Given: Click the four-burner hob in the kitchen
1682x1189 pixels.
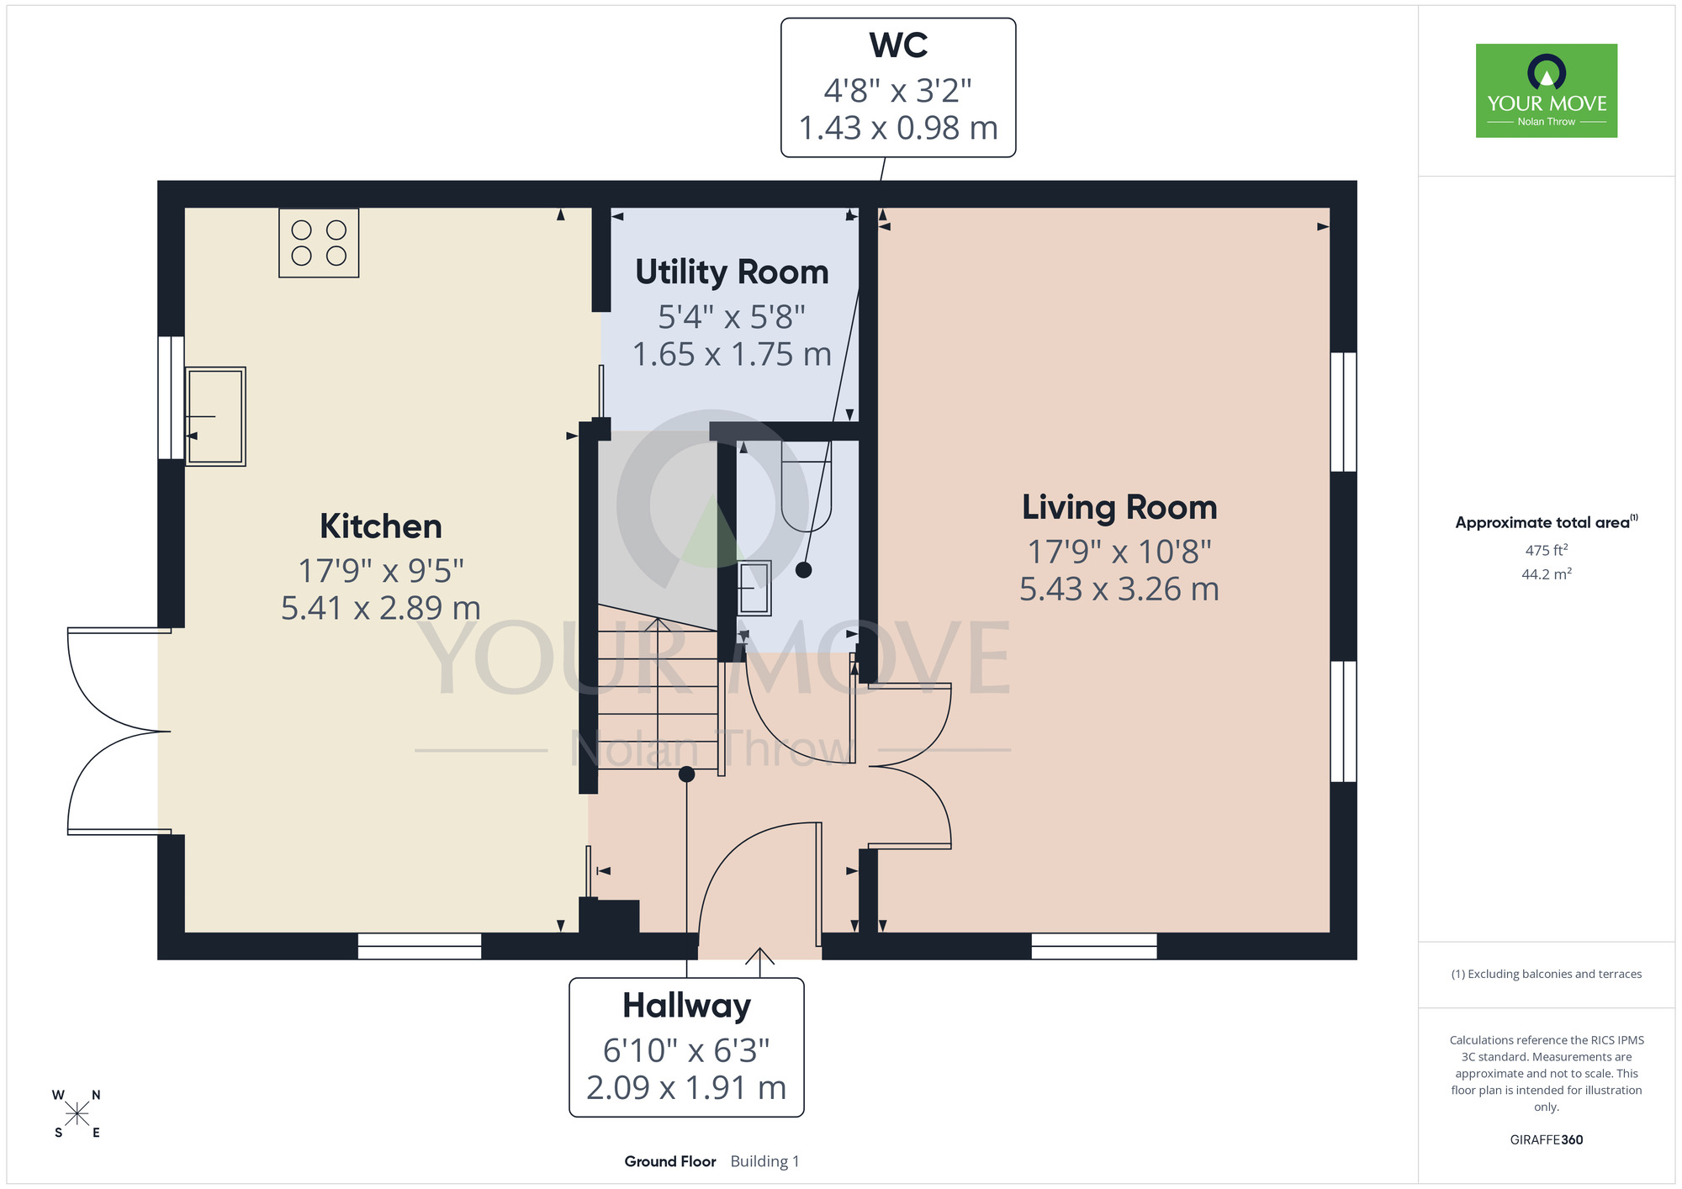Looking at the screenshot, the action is pyautogui.click(x=319, y=243).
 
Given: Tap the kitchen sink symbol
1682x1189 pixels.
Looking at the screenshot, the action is pyautogui.click(x=215, y=416).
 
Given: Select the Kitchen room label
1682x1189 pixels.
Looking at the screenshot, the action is pyautogui.click(x=381, y=526).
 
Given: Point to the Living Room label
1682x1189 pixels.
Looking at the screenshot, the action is pyautogui.click(x=1119, y=508).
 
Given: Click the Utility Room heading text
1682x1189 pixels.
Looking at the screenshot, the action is pyautogui.click(x=732, y=272).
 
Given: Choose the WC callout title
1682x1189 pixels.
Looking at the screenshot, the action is pyautogui.click(x=898, y=45).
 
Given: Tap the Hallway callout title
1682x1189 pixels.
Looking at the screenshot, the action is pyautogui.click(x=686, y=1007).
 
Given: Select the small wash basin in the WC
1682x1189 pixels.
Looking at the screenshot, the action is pyautogui.click(x=754, y=588).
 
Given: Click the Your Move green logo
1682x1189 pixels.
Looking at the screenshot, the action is pyautogui.click(x=1547, y=91).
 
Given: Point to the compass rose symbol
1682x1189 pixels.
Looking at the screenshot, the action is pyautogui.click(x=77, y=1114).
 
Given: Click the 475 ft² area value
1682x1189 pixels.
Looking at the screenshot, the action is pyautogui.click(x=1547, y=550).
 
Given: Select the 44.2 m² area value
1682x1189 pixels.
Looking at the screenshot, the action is pyautogui.click(x=1547, y=574).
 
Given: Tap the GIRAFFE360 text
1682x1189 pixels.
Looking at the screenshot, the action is pyautogui.click(x=1547, y=1140).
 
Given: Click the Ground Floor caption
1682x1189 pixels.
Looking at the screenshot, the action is pyautogui.click(x=670, y=1161).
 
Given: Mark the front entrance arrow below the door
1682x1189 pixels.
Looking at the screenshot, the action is pyautogui.click(x=760, y=962).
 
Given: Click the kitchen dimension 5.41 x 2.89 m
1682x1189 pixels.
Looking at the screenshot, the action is pyautogui.click(x=381, y=608).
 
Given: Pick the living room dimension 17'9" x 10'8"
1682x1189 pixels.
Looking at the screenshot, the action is pyautogui.click(x=1119, y=552).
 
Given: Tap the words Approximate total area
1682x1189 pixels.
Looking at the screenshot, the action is pyautogui.click(x=1542, y=523).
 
